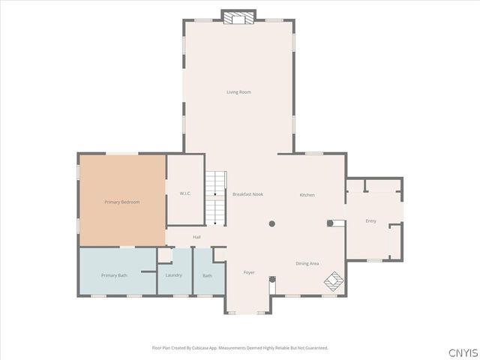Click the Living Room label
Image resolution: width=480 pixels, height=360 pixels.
point(238,92)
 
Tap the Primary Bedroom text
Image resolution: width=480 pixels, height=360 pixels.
point(121,202)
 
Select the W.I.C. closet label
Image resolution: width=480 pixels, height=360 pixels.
point(185,194)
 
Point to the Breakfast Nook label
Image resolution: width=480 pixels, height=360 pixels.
point(247,194)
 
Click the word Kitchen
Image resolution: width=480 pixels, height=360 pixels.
point(307,195)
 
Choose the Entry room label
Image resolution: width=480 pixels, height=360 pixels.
point(370,221)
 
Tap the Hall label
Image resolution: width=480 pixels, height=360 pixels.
point(196,238)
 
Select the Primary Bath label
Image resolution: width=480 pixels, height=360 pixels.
point(114,275)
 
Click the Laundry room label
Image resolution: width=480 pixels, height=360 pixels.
point(173,275)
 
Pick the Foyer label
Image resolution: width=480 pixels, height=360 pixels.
point(249,272)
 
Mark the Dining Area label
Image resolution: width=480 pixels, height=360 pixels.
point(307,263)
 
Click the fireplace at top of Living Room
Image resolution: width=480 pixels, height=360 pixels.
point(238,18)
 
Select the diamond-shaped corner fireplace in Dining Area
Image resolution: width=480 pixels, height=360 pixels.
point(334,282)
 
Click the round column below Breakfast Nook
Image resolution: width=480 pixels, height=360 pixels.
point(272,223)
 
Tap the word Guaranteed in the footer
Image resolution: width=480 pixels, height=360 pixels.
point(315,348)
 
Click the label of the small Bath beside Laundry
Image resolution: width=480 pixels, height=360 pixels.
point(207,275)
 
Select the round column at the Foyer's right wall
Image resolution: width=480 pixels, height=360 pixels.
point(272,279)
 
